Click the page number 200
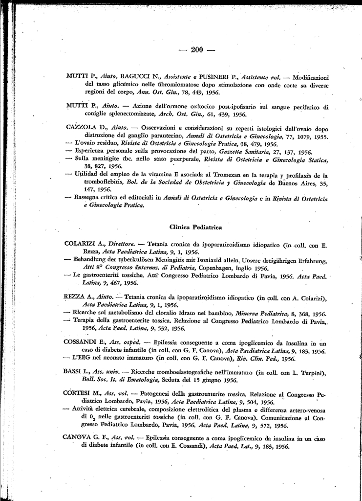click(x=197, y=49)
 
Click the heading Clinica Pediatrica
click(x=195, y=227)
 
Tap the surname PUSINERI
click(x=214, y=77)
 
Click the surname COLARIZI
click(x=80, y=244)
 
